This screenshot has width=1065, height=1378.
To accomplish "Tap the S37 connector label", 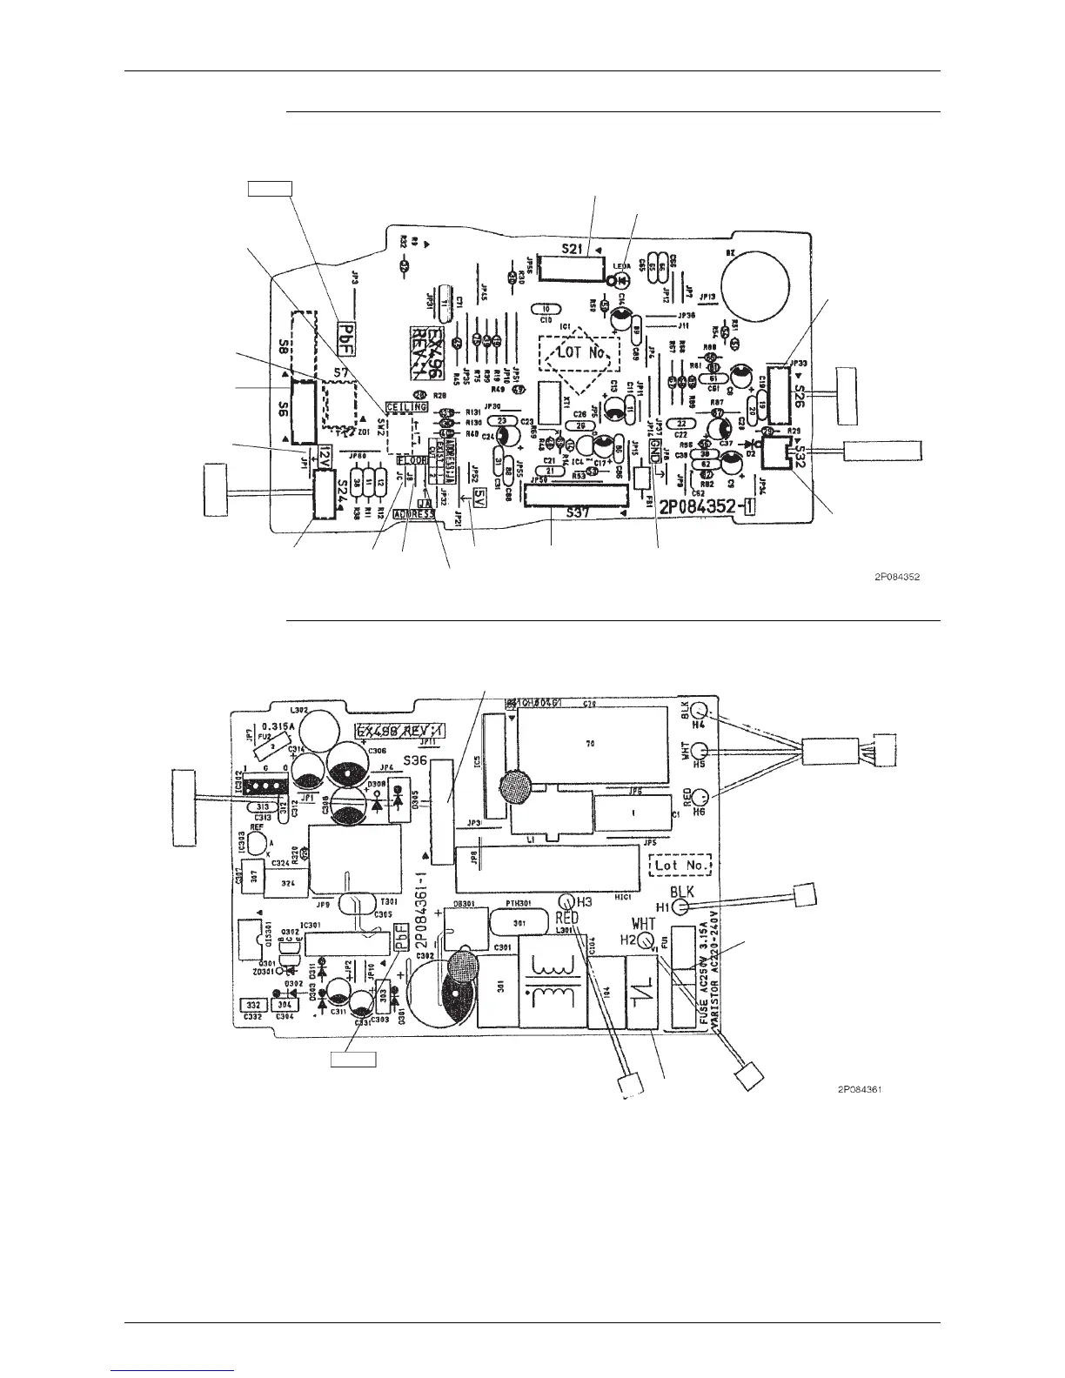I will (x=574, y=512).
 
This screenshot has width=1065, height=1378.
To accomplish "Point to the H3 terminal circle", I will (x=566, y=902).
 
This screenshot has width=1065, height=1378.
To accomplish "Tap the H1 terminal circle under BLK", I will (x=684, y=907).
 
